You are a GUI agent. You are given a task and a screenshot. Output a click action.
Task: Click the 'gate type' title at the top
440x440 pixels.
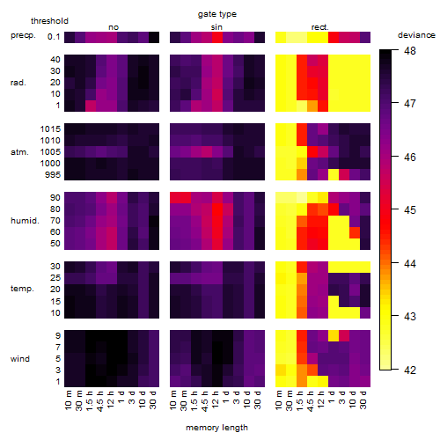click(217, 14)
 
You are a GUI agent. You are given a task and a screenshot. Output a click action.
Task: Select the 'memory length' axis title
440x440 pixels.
click(216, 428)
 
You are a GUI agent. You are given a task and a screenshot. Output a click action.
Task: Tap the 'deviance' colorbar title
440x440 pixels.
click(416, 35)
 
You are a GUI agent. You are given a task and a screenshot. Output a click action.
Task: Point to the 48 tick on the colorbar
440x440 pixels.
click(410, 51)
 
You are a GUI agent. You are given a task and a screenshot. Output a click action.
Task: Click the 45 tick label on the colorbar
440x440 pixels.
click(410, 210)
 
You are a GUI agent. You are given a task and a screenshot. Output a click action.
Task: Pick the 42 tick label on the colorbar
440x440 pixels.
click(410, 370)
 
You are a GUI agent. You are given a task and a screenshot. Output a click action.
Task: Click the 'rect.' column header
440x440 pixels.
click(319, 27)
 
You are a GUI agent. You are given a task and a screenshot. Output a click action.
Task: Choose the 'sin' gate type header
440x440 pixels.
click(216, 27)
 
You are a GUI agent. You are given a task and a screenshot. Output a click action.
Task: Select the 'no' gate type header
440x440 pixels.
click(114, 27)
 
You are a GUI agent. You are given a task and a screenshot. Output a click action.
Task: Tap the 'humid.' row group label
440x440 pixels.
click(25, 221)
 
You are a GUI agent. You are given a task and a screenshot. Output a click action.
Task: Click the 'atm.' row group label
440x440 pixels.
click(19, 152)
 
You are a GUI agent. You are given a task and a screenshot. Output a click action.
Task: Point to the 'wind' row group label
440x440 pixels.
click(20, 359)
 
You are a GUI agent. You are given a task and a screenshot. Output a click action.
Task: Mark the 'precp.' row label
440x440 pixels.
click(23, 35)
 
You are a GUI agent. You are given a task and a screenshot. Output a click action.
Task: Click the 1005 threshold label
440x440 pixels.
click(50, 152)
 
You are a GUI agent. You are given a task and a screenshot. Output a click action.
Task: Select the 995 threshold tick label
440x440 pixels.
click(53, 175)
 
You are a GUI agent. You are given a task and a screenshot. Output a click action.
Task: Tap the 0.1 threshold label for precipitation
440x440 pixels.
click(54, 37)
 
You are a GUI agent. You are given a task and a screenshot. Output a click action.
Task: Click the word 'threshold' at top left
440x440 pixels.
click(49, 21)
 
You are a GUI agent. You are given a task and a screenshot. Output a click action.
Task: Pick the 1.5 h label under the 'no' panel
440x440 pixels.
click(90, 400)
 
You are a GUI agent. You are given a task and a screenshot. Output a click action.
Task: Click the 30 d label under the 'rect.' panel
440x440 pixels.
click(363, 400)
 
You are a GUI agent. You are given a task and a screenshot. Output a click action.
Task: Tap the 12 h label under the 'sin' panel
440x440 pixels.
click(216, 400)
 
